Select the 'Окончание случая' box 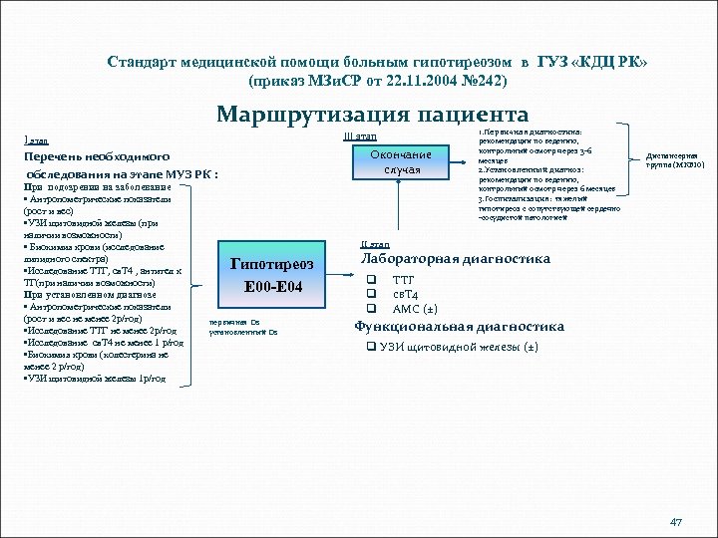point(400,161)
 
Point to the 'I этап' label point(35,140)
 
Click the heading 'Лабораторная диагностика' point(455,260)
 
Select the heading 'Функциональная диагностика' point(460,327)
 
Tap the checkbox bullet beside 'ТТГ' point(371,281)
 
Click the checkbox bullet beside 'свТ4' point(371,294)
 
